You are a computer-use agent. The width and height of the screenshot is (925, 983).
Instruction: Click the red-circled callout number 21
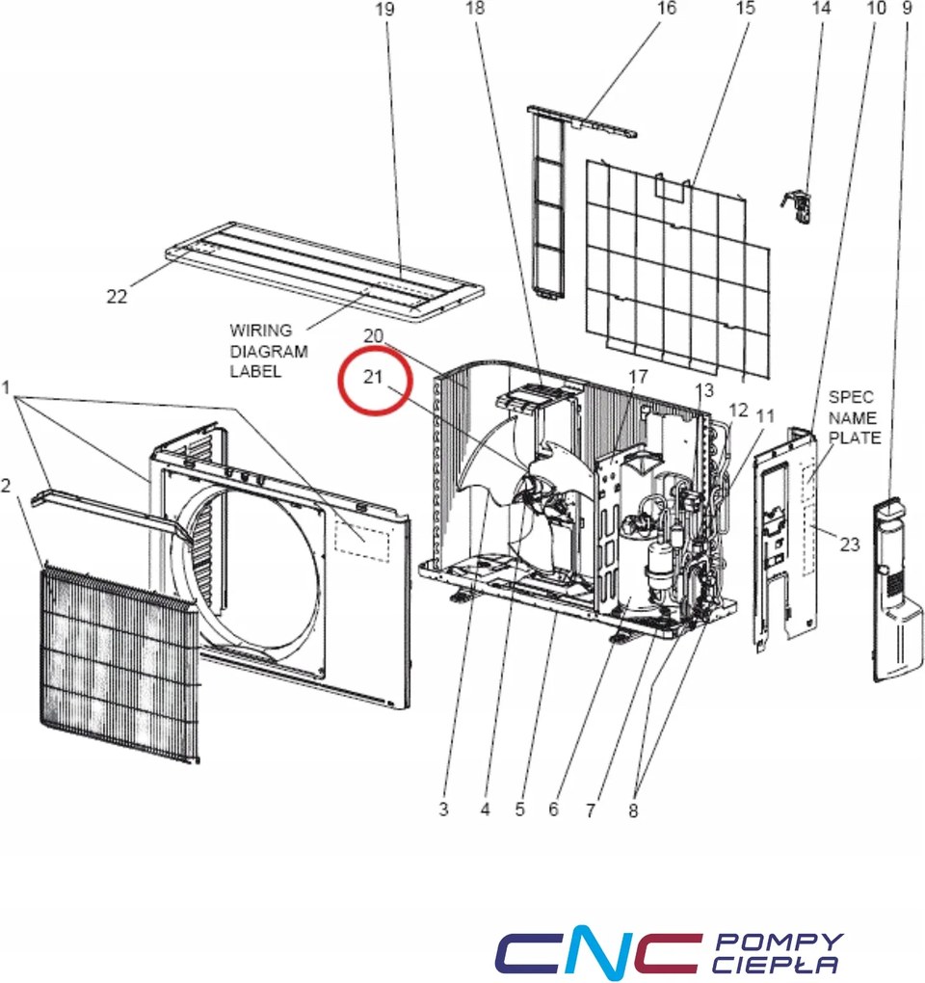tap(373, 375)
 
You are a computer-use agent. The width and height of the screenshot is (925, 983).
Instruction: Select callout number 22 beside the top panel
tap(117, 296)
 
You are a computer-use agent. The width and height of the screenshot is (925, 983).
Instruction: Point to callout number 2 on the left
tap(7, 486)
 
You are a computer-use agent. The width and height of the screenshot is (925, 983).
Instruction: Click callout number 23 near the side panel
tap(848, 545)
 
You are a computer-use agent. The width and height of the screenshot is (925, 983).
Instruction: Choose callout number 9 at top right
tap(906, 9)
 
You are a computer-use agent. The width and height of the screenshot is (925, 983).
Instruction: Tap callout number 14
tap(821, 9)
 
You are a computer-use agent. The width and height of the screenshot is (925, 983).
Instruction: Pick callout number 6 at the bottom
tap(553, 810)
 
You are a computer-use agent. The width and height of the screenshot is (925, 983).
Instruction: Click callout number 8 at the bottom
tap(633, 810)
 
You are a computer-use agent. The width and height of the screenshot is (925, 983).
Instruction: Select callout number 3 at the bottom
tap(443, 810)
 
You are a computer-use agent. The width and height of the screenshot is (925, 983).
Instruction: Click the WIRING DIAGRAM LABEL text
tap(268, 351)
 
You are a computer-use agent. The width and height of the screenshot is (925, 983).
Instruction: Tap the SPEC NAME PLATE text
tap(854, 417)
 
